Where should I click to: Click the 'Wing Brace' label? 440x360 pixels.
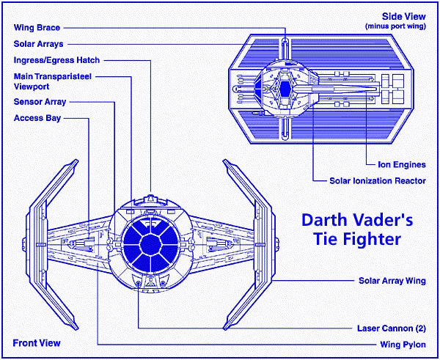tap(36, 28)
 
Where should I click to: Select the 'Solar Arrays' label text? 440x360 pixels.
tap(39, 43)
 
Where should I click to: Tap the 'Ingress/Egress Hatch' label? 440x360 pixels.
tap(56, 59)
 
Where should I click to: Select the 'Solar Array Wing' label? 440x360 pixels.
tap(392, 280)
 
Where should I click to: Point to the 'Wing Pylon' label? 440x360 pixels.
tap(404, 343)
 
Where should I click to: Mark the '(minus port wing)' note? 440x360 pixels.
tap(395, 26)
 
